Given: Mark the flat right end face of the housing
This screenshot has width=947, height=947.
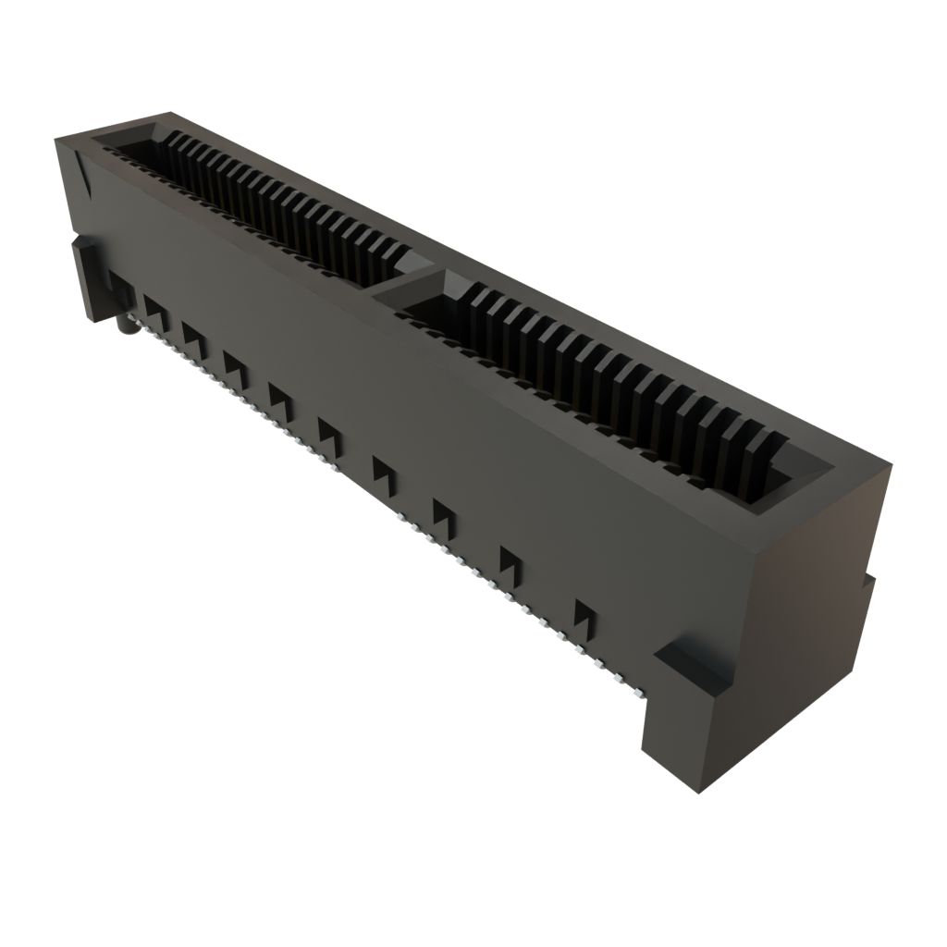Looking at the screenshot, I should pos(814,592).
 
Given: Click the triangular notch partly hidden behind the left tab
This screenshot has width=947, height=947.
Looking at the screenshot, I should pos(116,283).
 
